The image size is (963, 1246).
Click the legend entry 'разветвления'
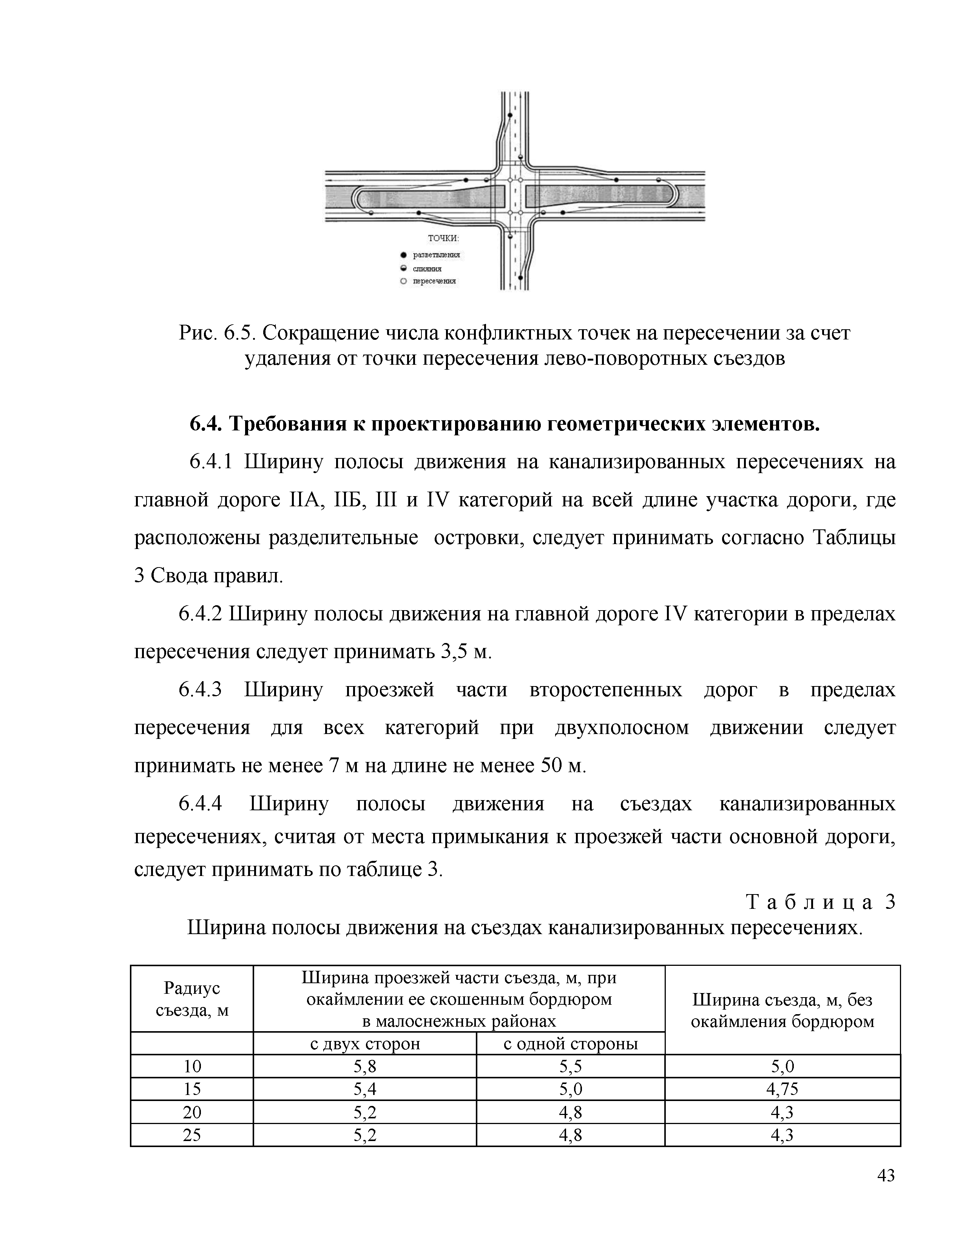(437, 254)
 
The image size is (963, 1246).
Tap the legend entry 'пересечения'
(434, 281)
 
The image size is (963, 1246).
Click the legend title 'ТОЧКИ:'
(443, 239)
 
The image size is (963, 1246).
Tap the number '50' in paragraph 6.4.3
(551, 766)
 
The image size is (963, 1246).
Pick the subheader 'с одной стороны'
(571, 1044)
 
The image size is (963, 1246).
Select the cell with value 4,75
(782, 1089)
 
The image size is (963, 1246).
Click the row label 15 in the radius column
(192, 1089)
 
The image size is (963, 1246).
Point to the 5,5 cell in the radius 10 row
(571, 1066)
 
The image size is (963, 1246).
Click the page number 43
(886, 1176)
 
